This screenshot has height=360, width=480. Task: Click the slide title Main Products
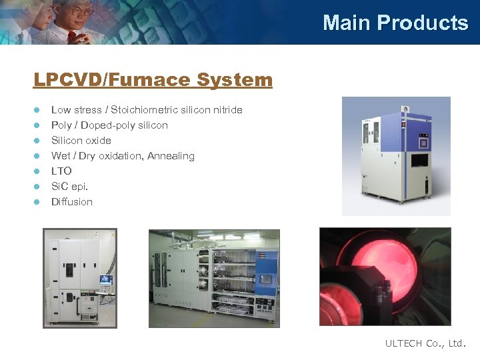(395, 23)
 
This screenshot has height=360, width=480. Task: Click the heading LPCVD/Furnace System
(153, 80)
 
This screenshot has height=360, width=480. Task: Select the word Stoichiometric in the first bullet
(143, 110)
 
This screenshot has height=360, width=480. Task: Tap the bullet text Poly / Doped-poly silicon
(109, 125)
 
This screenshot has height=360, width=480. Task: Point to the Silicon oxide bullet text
(81, 141)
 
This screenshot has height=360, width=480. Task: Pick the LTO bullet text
(61, 171)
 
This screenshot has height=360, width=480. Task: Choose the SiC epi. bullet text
(69, 187)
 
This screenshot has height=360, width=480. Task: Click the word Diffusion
(72, 202)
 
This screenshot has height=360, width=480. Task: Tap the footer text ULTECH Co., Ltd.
(426, 343)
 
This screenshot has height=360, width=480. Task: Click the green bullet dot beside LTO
(37, 171)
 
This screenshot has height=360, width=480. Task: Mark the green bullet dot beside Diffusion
(37, 202)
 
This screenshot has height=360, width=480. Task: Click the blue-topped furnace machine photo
(396, 156)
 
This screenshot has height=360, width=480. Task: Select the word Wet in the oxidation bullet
(60, 156)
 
